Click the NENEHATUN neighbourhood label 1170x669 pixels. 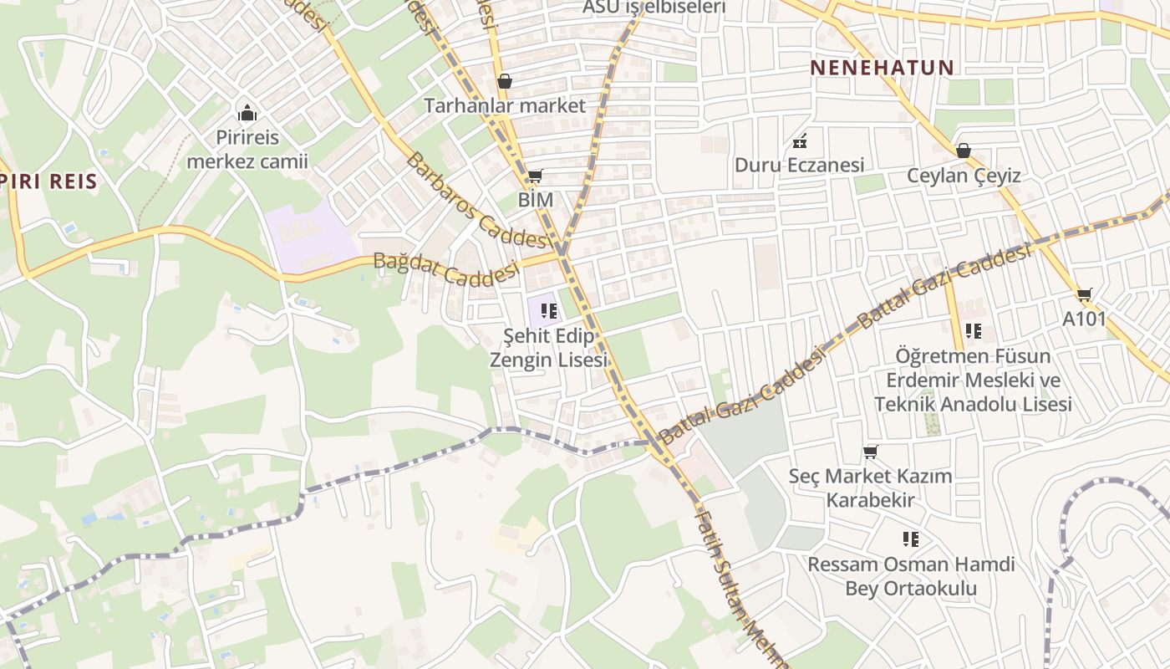[x=882, y=68]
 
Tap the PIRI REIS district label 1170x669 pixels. [x=49, y=181]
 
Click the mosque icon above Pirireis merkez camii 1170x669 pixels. [x=247, y=112]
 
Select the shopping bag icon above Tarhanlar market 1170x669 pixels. [x=504, y=81]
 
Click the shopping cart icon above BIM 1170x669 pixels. [x=535, y=176]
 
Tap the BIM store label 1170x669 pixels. [x=536, y=200]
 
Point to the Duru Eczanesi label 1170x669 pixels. [x=799, y=165]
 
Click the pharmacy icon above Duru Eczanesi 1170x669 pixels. [x=799, y=140]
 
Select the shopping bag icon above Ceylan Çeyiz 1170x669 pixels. [x=963, y=151]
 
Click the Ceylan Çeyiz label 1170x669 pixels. [x=964, y=176]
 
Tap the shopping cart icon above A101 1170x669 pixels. [x=1084, y=294]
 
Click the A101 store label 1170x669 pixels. [x=1084, y=319]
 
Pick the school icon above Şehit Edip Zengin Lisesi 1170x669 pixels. [x=548, y=312]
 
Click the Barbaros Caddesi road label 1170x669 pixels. [x=479, y=202]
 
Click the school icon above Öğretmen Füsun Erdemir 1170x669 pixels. [x=973, y=331]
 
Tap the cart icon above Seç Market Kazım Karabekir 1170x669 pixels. [x=870, y=452]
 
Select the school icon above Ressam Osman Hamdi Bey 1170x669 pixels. [x=910, y=539]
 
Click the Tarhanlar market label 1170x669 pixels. [x=505, y=106]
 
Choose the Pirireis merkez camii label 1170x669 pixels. [x=247, y=149]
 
